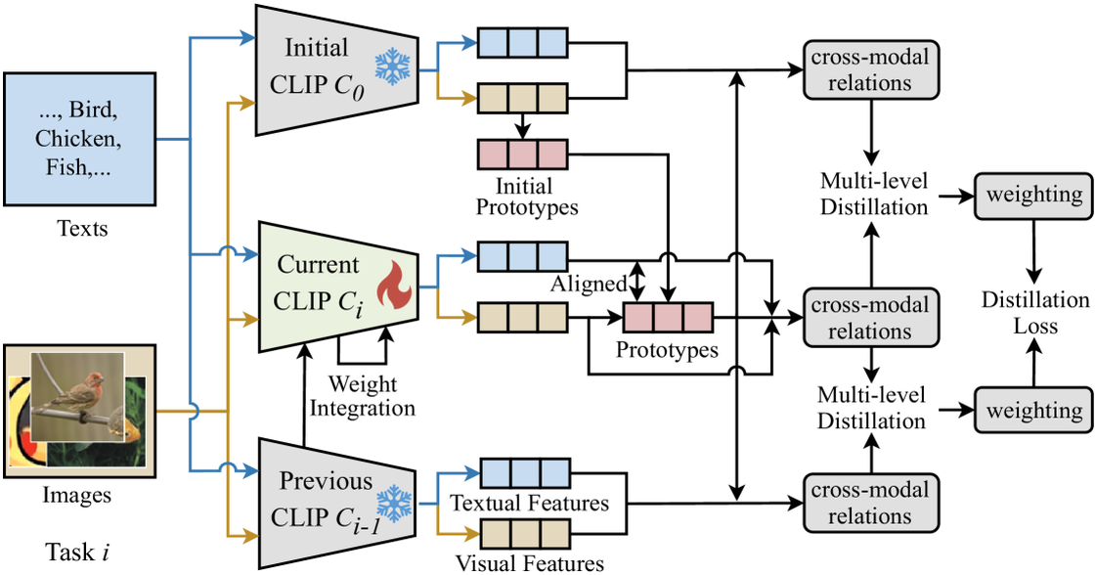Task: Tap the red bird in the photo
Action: [x=77, y=390]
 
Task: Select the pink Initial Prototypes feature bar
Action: [x=521, y=155]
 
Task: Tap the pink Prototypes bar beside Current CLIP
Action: [x=668, y=318]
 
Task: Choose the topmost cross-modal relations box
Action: [x=868, y=69]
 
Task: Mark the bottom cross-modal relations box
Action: [x=868, y=503]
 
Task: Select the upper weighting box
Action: [x=1033, y=195]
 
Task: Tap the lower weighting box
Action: [x=1033, y=409]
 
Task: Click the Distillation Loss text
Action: [x=1034, y=313]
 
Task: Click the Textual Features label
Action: [x=529, y=504]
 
